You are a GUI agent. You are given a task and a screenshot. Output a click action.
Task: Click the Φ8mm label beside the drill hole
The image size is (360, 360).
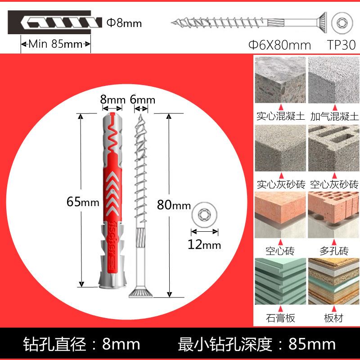tap(124, 22)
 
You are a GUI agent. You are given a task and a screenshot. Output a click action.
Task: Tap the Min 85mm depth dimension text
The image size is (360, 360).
tap(56, 44)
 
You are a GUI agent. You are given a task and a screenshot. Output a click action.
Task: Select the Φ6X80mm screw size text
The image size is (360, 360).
tap(280, 45)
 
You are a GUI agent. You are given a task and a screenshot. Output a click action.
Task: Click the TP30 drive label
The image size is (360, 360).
tap(341, 45)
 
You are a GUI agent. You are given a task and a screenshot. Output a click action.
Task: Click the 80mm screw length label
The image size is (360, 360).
tap(174, 205)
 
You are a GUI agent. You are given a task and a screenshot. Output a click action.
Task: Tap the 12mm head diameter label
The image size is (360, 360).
tap(205, 245)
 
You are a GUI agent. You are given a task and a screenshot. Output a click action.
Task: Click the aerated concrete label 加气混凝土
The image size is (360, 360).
tap(334, 117)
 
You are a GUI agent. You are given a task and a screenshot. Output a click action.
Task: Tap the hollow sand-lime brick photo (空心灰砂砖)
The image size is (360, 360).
tap(333, 148)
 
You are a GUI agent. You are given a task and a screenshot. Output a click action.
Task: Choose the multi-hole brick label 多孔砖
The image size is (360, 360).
tap(333, 250)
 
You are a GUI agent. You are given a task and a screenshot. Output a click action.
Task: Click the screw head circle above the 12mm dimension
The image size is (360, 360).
tap(205, 215)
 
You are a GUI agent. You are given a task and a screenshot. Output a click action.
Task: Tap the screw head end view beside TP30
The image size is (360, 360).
tap(341, 22)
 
